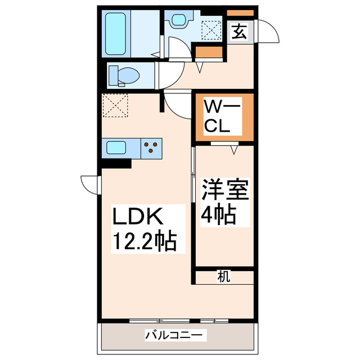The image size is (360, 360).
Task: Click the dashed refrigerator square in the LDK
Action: pyautogui.click(x=115, y=106)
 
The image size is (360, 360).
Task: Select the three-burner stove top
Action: pyautogui.click(x=151, y=148)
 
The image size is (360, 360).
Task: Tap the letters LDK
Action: pyautogui.click(x=139, y=216)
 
